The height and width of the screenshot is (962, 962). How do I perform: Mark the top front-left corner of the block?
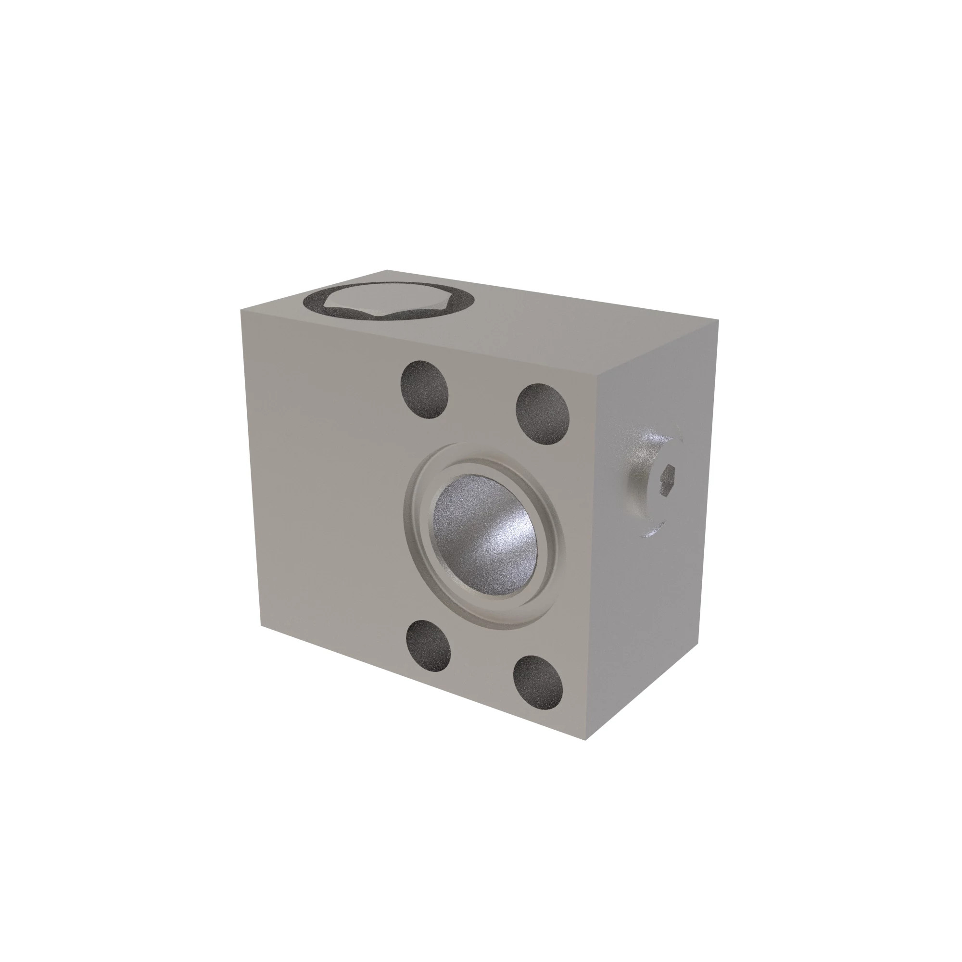coord(241,309)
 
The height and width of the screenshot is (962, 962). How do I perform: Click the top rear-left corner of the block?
coord(387,270)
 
